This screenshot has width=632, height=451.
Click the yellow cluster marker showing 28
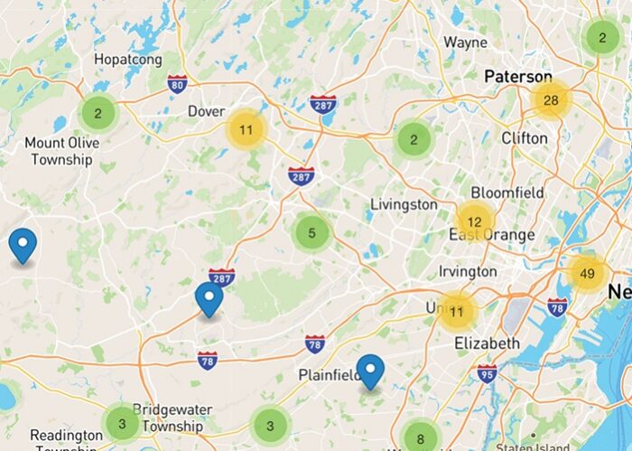pyautogui.click(x=551, y=99)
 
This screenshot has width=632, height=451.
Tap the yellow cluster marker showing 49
pyautogui.click(x=588, y=274)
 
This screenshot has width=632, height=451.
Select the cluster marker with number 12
pyautogui.click(x=474, y=221)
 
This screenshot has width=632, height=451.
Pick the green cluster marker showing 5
pyautogui.click(x=311, y=233)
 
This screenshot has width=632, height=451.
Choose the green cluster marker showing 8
pyautogui.click(x=420, y=439)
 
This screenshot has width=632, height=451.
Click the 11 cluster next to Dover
pyautogui.click(x=246, y=130)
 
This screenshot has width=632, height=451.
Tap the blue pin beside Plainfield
pyautogui.click(x=370, y=371)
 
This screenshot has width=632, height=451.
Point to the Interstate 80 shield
pyautogui.click(x=178, y=83)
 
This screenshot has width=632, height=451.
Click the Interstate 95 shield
pyautogui.click(x=488, y=372)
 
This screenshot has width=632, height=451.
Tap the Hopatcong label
pyautogui.click(x=128, y=60)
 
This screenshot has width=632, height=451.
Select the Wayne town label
pyautogui.click(x=466, y=42)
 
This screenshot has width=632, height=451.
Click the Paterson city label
pyautogui.click(x=517, y=77)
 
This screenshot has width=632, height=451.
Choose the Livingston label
pyautogui.click(x=404, y=204)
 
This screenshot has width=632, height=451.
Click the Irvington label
pyautogui.click(x=467, y=271)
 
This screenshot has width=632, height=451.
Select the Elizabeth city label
pyautogui.click(x=487, y=343)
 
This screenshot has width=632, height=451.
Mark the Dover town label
pyautogui.click(x=206, y=111)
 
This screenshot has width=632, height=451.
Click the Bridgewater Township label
pyautogui.click(x=172, y=418)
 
